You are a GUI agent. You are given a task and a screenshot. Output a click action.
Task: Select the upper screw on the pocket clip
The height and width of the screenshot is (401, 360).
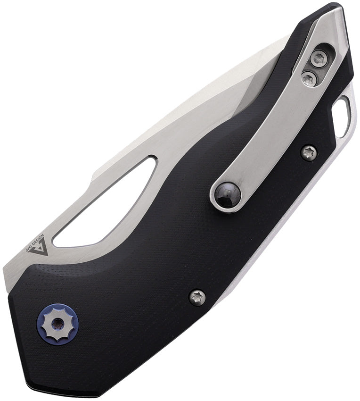coord(319,58)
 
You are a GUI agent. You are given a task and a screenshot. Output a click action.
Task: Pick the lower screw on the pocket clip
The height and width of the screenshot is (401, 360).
coord(309,78)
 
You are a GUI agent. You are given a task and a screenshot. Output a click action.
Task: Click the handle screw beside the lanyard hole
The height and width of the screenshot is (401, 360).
coord(309,152)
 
